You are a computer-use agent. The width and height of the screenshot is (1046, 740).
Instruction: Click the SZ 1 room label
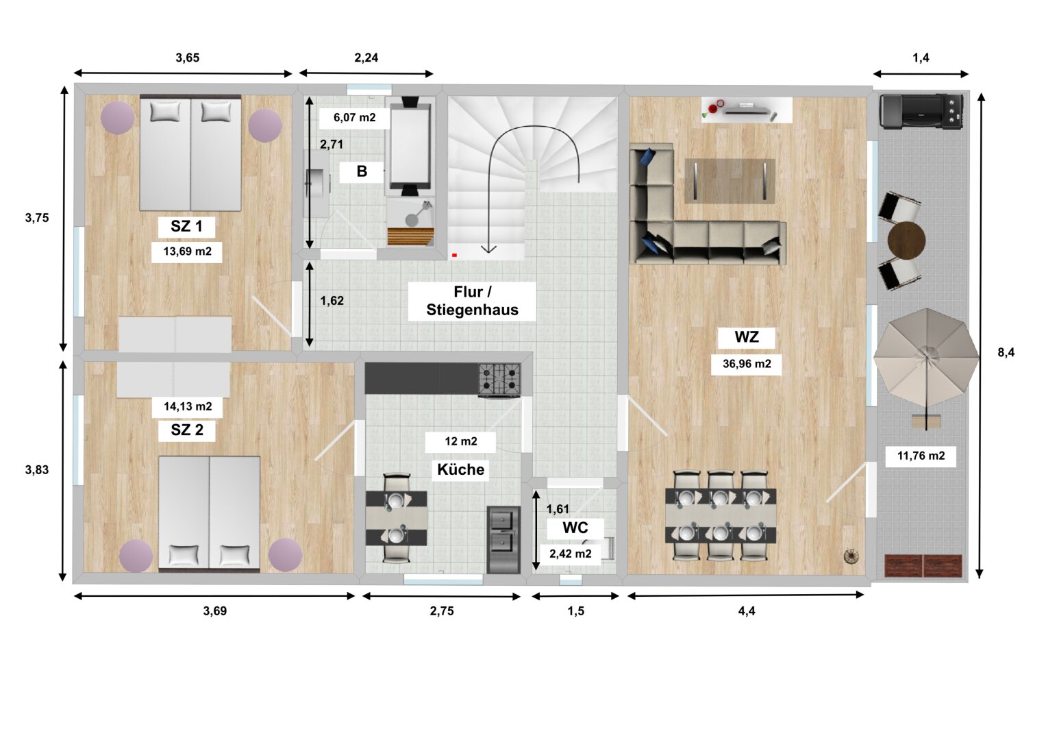186,226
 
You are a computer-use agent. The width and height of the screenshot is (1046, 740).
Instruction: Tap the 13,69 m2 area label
187,251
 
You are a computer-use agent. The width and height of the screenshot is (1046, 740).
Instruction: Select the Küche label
460,469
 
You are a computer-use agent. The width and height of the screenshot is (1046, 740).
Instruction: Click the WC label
575,528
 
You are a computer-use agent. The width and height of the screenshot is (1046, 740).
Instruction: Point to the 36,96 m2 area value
747,363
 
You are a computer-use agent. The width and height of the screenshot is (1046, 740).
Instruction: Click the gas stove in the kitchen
499,380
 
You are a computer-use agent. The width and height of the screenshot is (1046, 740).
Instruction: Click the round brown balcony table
906,240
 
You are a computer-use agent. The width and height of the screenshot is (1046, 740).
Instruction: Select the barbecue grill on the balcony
921,111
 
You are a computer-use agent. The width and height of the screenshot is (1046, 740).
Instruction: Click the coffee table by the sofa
730,181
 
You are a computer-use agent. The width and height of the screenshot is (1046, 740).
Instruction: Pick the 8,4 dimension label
1006,352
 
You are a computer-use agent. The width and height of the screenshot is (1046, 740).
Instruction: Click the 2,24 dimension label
366,58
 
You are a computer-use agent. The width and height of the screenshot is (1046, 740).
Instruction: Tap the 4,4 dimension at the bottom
746,610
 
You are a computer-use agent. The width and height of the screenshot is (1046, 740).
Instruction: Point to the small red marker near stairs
454,255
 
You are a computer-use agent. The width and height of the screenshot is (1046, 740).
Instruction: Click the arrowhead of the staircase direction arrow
488,249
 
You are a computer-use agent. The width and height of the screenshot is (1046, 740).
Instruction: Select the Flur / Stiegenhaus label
472,301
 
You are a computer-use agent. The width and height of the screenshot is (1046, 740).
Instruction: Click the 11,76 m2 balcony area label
921,456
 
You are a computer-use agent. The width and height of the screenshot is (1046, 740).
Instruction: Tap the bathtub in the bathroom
410,146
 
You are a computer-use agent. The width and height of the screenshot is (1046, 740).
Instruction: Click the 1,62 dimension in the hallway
332,300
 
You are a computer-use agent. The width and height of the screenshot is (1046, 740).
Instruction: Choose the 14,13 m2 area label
188,406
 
